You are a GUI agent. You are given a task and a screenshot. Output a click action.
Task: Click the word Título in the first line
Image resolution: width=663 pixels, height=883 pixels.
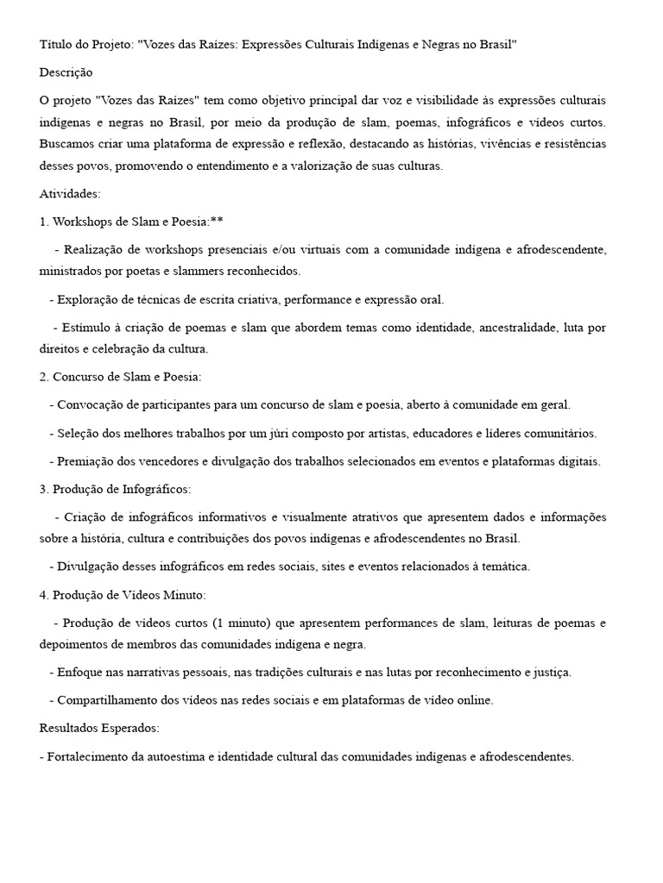(57, 44)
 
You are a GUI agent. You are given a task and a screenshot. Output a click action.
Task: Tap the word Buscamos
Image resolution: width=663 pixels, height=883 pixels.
(69, 143)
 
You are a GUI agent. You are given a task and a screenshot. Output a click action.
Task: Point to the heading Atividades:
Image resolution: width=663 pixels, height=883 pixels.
(70, 193)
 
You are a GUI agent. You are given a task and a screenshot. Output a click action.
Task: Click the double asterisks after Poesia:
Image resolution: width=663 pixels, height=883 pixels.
(216, 222)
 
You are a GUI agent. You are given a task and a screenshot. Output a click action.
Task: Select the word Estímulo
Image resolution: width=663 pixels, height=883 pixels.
(86, 328)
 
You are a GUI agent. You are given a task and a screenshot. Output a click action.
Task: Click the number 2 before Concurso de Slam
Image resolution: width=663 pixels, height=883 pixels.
(43, 377)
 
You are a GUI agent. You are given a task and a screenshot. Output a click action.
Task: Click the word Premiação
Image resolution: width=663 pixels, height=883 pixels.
(87, 461)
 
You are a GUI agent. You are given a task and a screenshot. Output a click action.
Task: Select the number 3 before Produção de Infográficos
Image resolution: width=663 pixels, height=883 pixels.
(43, 489)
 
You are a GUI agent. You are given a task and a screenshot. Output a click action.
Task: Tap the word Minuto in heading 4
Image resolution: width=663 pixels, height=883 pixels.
(184, 595)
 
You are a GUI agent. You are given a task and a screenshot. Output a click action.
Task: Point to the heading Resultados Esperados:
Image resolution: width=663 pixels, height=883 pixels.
(99, 728)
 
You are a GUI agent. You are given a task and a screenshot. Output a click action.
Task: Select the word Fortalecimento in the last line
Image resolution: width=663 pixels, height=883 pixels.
(90, 756)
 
